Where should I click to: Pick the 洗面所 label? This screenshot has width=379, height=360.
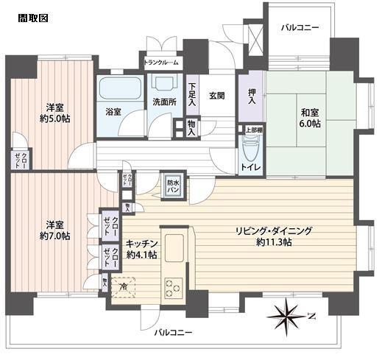click(x=163, y=101)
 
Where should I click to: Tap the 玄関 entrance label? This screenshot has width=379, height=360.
click(x=216, y=95)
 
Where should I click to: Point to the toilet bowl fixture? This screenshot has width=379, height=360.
click(x=250, y=152)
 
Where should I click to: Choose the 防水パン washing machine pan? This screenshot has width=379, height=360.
click(x=174, y=184)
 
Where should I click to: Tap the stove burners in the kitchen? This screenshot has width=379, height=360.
click(x=174, y=283)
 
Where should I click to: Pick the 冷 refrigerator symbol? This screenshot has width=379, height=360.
click(x=123, y=286)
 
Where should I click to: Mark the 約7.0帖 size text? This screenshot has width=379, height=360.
click(x=55, y=236)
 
